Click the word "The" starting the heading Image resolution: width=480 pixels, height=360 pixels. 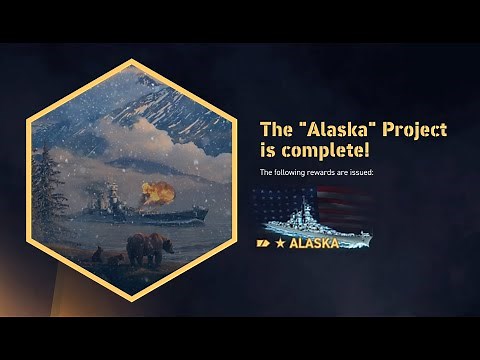274,129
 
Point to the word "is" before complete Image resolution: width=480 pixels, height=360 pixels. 266,150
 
